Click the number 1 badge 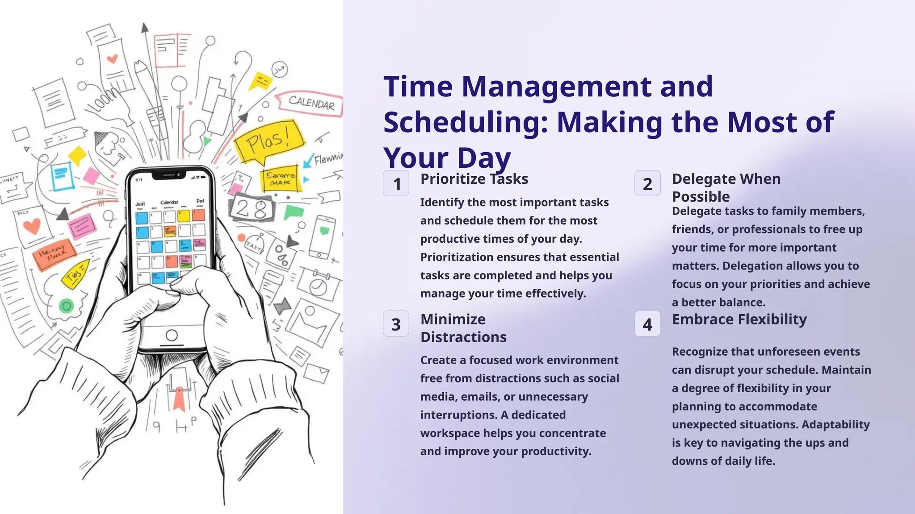click(396, 183)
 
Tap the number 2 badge click(647, 183)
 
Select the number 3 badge click(396, 324)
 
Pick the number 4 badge click(647, 324)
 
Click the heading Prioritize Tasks click(474, 179)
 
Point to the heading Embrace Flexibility click(739, 319)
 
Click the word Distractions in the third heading click(463, 337)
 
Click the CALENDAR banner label click(311, 103)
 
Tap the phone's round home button click(172, 335)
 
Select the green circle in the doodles click(67, 306)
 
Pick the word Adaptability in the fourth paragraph click(835, 424)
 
